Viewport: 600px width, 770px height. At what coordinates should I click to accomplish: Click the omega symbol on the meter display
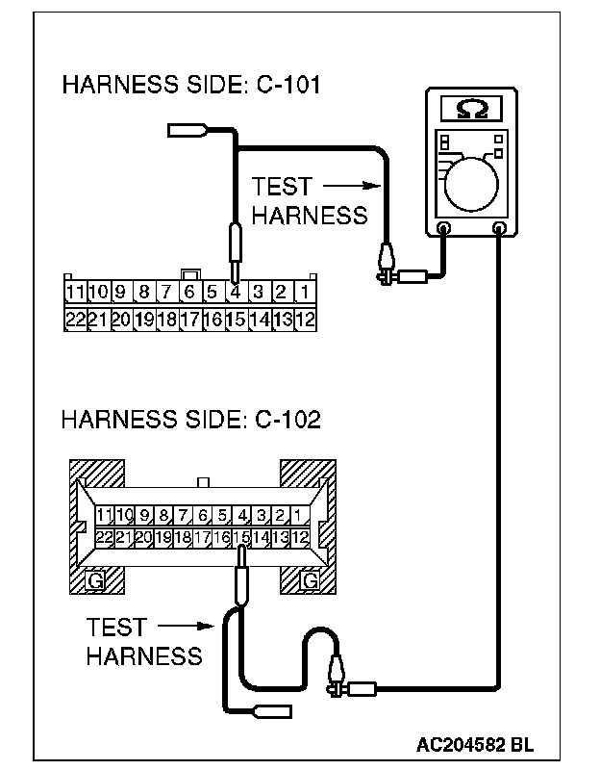click(470, 109)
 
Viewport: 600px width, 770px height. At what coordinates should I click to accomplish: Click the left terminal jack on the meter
click(444, 228)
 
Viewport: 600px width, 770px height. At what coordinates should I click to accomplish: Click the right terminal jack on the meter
click(499, 228)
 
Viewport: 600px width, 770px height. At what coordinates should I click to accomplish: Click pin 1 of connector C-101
click(304, 292)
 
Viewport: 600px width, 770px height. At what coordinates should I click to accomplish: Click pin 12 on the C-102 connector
click(300, 537)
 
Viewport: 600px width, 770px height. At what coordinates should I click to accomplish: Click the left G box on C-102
click(95, 580)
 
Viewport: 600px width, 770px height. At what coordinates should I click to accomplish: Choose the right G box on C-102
click(310, 580)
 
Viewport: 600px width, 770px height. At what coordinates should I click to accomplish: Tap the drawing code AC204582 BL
click(475, 745)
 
